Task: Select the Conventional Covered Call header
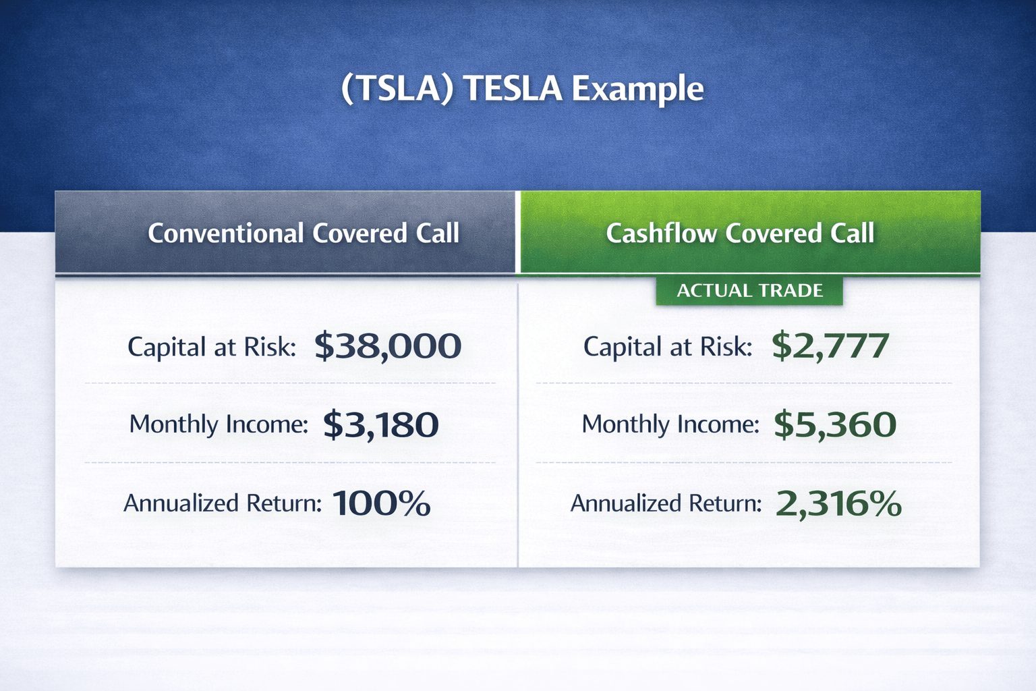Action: [304, 233]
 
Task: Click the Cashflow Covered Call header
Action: [740, 233]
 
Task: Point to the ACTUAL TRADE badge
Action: [749, 291]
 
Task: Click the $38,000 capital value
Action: [388, 345]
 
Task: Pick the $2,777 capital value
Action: [830, 345]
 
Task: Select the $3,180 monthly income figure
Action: [380, 425]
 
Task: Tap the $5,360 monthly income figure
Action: [835, 425]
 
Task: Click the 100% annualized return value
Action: [381, 503]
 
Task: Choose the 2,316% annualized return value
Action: [838, 504]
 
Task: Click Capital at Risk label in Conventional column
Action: [211, 347]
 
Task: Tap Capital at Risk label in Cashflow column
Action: [667, 347]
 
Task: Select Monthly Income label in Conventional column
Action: [219, 424]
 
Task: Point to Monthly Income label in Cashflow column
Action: [670, 424]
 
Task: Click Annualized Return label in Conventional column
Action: [223, 503]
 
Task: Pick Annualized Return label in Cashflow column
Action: [666, 503]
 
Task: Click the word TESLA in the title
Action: [513, 88]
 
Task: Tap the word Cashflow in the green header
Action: [662, 233]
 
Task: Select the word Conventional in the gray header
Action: [226, 233]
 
